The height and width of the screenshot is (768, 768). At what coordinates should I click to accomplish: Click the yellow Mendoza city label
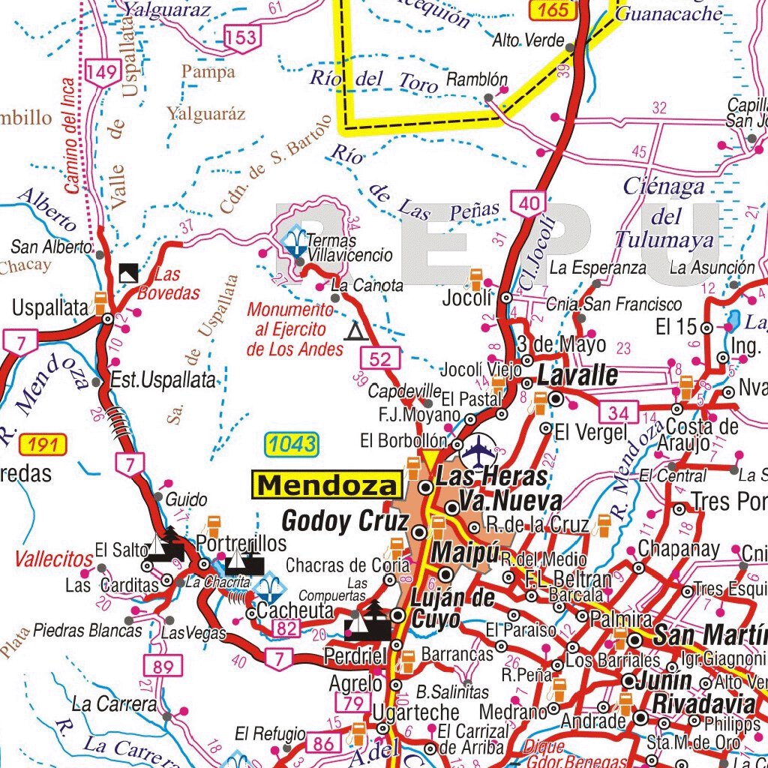(326, 485)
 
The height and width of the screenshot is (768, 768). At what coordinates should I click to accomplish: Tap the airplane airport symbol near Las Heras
(479, 450)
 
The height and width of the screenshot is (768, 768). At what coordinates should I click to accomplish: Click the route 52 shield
(380, 358)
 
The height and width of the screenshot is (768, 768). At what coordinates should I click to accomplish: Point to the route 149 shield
(103, 73)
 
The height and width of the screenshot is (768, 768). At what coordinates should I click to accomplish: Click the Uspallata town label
(50, 307)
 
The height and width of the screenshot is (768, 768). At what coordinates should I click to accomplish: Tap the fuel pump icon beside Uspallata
(98, 303)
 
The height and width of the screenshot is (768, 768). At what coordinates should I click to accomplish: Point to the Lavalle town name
(577, 376)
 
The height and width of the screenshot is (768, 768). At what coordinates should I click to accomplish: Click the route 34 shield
(618, 412)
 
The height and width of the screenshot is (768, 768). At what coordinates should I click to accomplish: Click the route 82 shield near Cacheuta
(286, 628)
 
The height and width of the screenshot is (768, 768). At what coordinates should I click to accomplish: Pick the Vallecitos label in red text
(53, 559)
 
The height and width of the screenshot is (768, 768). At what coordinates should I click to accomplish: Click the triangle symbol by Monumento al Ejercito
(353, 331)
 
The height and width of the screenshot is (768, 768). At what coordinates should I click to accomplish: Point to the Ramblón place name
(477, 79)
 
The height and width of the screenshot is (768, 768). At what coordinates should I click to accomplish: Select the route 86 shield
(323, 744)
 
